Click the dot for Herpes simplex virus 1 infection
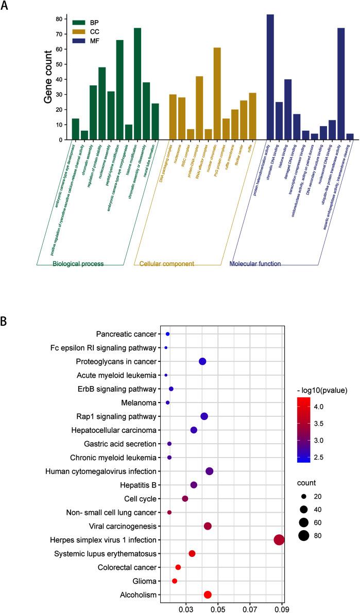279,540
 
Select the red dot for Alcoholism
208,594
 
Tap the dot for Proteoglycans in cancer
202,361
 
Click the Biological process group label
78,264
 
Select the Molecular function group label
255,264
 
